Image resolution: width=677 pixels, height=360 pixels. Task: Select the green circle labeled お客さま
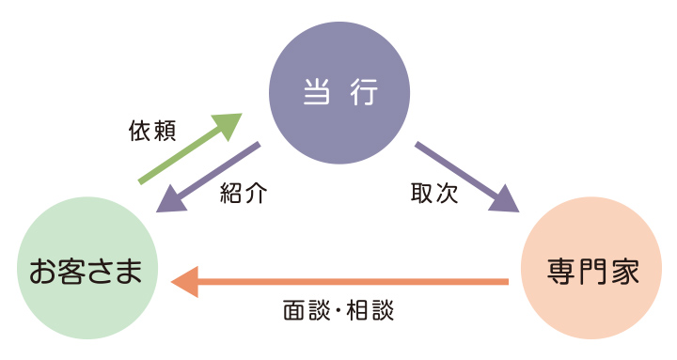(86, 272)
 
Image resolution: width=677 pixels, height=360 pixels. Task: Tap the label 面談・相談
(338, 310)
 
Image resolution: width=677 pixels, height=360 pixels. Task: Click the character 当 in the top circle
(316, 93)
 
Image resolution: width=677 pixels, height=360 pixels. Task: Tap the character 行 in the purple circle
(363, 93)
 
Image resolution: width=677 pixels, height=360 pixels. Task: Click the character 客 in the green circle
(71, 272)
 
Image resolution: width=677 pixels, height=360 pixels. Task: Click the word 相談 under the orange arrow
(371, 310)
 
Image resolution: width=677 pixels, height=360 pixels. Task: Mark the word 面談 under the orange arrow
(303, 310)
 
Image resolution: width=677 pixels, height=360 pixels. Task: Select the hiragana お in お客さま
(41, 272)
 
